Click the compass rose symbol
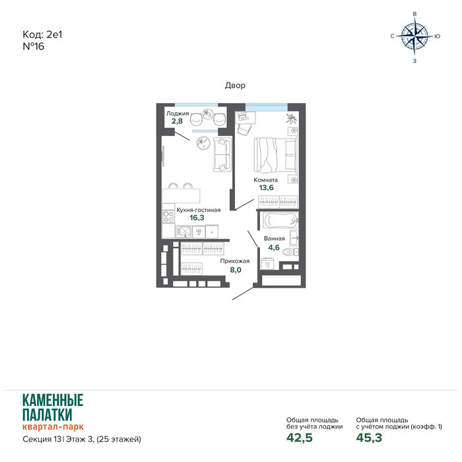pyautogui.click(x=415, y=36)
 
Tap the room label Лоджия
pyautogui.click(x=178, y=114)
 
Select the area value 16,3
pyautogui.click(x=197, y=218)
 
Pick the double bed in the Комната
pyautogui.click(x=275, y=154)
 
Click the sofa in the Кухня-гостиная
pyautogui.click(x=222, y=154)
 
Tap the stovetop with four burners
pyautogui.click(x=168, y=217)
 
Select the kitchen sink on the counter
pyautogui.click(x=183, y=231)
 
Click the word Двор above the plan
pyautogui.click(x=235, y=85)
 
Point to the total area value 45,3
pyautogui.click(x=369, y=438)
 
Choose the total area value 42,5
pyautogui.click(x=300, y=438)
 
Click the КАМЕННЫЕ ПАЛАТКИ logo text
pyautogui.click(x=53, y=407)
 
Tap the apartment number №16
pyautogui.click(x=33, y=47)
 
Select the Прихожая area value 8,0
pyautogui.click(x=236, y=270)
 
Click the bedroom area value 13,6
pyautogui.click(x=267, y=187)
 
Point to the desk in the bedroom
pyautogui.click(x=245, y=117)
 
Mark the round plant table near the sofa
pyautogui.click(x=203, y=143)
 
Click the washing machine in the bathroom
pyautogui.click(x=267, y=263)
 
